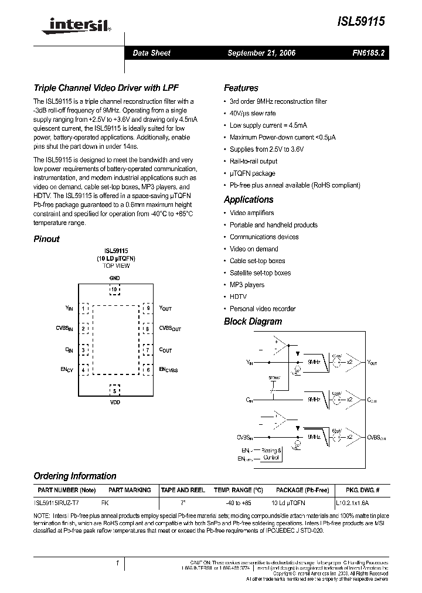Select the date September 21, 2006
coord(261,53)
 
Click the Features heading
coord(241,88)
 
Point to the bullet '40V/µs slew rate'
coord(253,113)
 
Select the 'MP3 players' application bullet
coord(247,285)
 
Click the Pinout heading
coord(46,239)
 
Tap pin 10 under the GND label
coord(114,289)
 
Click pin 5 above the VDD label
coord(115,391)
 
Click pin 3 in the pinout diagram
coord(84,350)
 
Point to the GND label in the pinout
coord(114,278)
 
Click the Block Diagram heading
coord(253,322)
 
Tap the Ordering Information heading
coord(74,476)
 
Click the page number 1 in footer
coord(117,563)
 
